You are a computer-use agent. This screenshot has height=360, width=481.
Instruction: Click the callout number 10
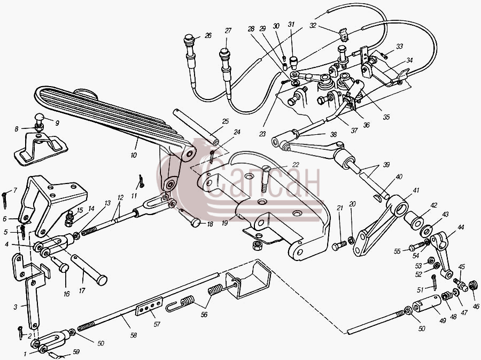(134, 155)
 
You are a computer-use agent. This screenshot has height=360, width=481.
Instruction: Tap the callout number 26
(208, 36)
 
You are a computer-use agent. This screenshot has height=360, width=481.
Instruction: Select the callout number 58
(133, 335)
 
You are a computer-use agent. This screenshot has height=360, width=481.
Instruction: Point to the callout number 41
(416, 190)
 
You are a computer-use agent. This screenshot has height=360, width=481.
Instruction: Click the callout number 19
(225, 223)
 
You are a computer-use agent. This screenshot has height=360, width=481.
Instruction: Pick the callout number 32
(313, 26)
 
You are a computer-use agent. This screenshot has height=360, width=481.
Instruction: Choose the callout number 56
(204, 315)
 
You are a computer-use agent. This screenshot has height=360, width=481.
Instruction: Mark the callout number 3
(15, 307)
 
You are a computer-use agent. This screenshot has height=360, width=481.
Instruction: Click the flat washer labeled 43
(427, 229)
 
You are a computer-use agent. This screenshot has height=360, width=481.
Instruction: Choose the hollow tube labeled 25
(196, 126)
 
